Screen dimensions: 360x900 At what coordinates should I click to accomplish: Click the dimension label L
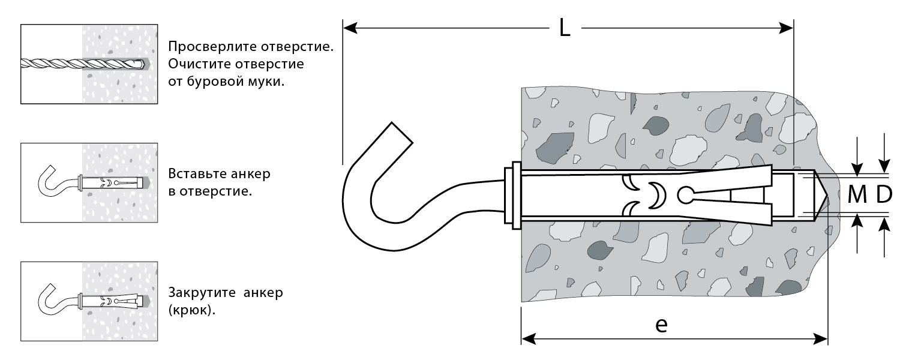click(564, 28)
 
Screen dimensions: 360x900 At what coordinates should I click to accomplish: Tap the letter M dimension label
click(857, 194)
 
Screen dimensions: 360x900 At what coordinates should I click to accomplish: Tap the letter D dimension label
click(884, 194)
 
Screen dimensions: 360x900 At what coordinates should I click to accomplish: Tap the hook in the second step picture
click(51, 180)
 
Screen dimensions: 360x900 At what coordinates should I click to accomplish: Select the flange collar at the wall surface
click(514, 195)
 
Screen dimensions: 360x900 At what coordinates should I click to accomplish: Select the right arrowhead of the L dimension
click(787, 28)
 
